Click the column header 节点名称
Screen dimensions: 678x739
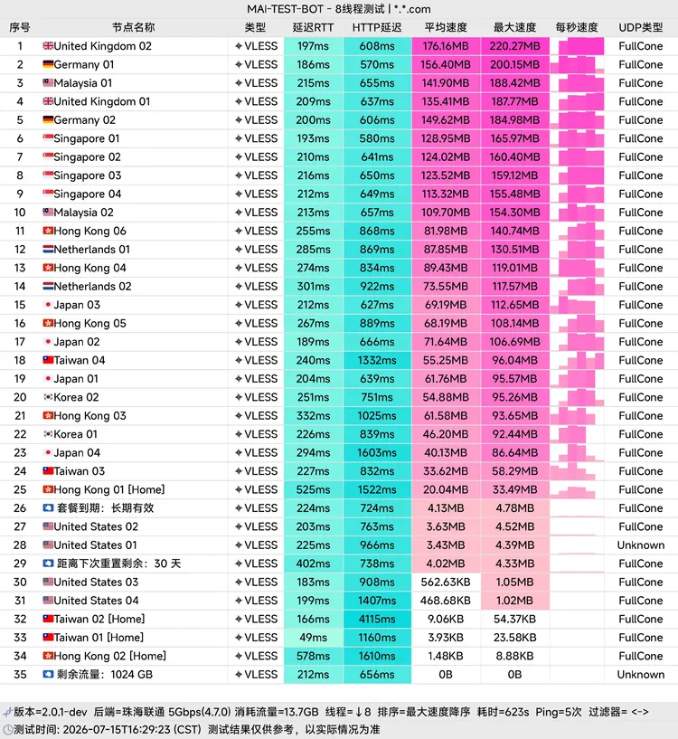pos(133,27)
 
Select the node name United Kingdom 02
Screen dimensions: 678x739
pos(103,46)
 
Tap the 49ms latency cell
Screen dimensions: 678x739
pos(314,637)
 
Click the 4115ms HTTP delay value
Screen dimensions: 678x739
pos(377,619)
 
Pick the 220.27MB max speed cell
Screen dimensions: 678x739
pos(514,46)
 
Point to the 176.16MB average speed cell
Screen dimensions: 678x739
pos(446,46)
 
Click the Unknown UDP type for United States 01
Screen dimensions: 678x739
pos(641,545)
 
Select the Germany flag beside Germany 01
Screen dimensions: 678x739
pos(48,64)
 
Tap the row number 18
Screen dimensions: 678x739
pos(20,361)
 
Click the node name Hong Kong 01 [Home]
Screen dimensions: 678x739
pos(109,489)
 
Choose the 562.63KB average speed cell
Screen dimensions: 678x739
pos(446,582)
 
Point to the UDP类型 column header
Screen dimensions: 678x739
pos(641,27)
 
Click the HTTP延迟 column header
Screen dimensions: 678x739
pos(377,27)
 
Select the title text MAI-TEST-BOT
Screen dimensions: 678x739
pos(285,9)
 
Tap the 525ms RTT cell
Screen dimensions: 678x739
pos(314,489)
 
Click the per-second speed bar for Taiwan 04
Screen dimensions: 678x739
pos(577,361)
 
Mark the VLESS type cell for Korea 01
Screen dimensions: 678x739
pos(257,434)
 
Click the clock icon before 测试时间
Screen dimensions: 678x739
pos(7,730)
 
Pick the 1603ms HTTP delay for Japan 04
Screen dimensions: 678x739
pos(377,453)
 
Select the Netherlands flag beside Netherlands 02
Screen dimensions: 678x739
pos(48,286)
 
